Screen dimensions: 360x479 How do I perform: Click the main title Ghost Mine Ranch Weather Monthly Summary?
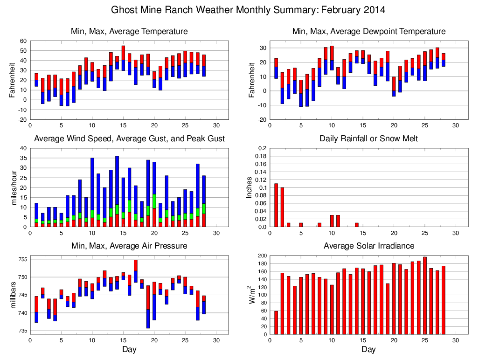pyautogui.click(x=249, y=10)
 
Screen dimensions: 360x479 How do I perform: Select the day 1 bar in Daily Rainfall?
pyautogui.click(x=276, y=205)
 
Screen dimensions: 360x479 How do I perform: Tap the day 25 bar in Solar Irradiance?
pyautogui.click(x=424, y=295)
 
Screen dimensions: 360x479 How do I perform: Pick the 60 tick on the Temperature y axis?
pyautogui.click(x=22, y=41)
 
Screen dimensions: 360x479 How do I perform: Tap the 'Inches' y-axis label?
pyautogui.click(x=250, y=187)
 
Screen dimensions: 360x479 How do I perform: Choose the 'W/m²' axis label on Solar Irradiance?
pyautogui.click(x=250, y=295)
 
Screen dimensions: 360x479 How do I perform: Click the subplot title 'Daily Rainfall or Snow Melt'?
pyautogui.click(x=368, y=138)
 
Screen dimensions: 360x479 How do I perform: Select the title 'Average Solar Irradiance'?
pyautogui.click(x=368, y=246)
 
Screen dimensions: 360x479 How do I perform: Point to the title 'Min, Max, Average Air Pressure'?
pyautogui.click(x=129, y=246)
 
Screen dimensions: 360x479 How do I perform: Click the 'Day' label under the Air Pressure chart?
pyautogui.click(x=129, y=349)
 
